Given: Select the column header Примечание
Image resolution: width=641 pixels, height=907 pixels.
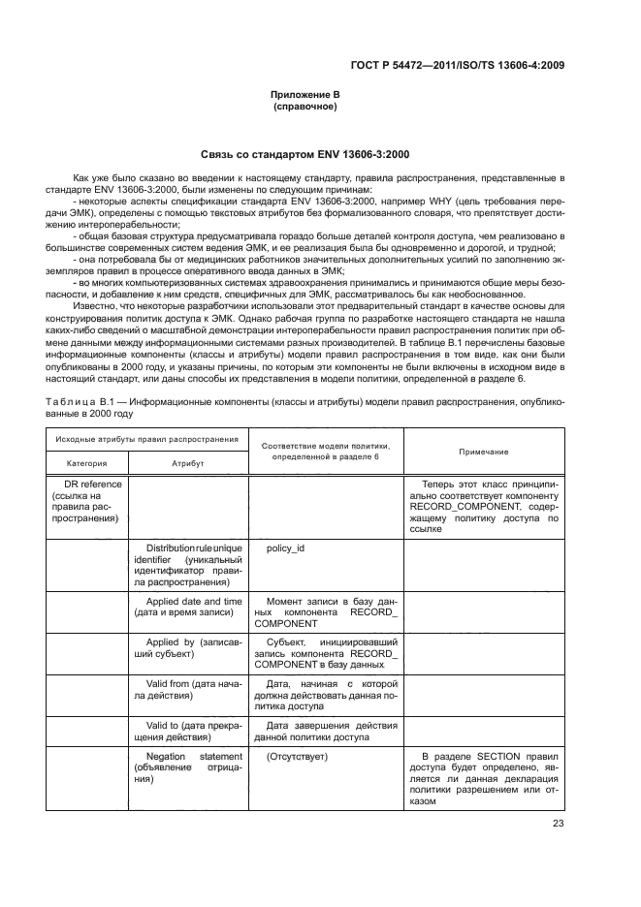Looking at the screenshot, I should (484, 452).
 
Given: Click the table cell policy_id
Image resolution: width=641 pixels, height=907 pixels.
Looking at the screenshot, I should (286, 548).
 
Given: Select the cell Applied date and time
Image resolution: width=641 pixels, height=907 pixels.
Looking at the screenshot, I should (188, 607).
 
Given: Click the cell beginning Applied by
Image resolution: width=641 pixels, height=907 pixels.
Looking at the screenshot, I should (188, 649).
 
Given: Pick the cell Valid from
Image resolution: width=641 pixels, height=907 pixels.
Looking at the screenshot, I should (188, 690).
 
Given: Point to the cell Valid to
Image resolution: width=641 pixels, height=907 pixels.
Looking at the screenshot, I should (188, 731).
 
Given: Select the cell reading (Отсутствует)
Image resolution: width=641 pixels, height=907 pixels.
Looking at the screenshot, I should (297, 756).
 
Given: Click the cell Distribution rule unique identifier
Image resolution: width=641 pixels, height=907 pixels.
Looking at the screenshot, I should (188, 565).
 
